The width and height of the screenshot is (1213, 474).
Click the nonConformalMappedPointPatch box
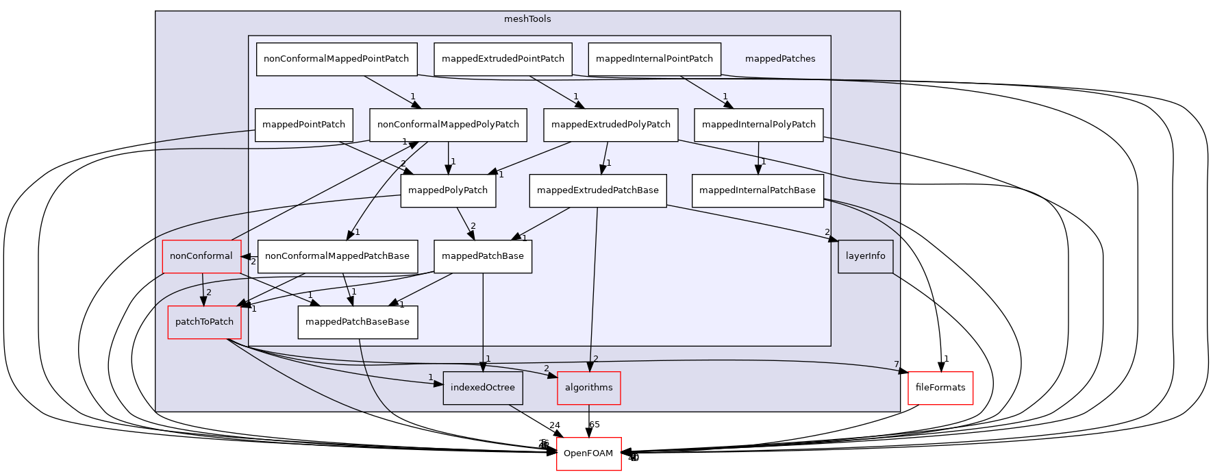(336, 59)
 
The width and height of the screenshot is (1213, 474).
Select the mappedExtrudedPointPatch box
(503, 59)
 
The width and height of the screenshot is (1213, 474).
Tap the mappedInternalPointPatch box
(654, 59)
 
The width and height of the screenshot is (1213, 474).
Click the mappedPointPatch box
(303, 125)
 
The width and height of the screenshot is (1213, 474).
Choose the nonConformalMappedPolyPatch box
(448, 125)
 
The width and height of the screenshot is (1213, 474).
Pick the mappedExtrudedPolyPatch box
(610, 125)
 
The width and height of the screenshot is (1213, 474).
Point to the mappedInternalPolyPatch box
(758, 125)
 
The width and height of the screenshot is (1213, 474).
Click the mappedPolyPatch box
(448, 190)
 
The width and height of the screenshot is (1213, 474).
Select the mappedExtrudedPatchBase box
(597, 190)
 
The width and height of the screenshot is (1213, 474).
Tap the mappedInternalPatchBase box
(757, 190)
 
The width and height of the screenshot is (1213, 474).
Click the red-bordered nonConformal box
(201, 256)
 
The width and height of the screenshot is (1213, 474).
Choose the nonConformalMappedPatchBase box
(337, 256)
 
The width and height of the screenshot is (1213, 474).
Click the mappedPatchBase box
(483, 256)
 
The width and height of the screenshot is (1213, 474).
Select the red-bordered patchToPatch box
(204, 322)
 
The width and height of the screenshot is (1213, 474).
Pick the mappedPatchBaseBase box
(358, 322)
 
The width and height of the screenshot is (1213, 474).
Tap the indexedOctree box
(483, 388)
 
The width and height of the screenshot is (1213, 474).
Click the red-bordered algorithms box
(589, 388)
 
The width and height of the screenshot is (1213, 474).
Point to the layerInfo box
(865, 256)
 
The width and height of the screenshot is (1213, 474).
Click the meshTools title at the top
(527, 19)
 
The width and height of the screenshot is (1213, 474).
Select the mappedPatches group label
(780, 59)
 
